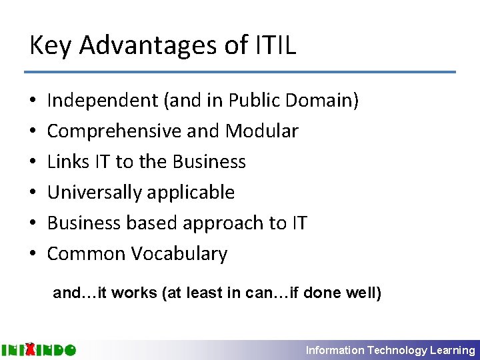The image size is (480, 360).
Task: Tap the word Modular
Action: pos(262,131)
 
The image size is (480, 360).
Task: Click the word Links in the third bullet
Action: pos(65,162)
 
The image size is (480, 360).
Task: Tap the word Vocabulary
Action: pos(179,254)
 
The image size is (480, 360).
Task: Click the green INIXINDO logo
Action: pos(39,349)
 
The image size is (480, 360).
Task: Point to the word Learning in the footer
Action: pos(453,350)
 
